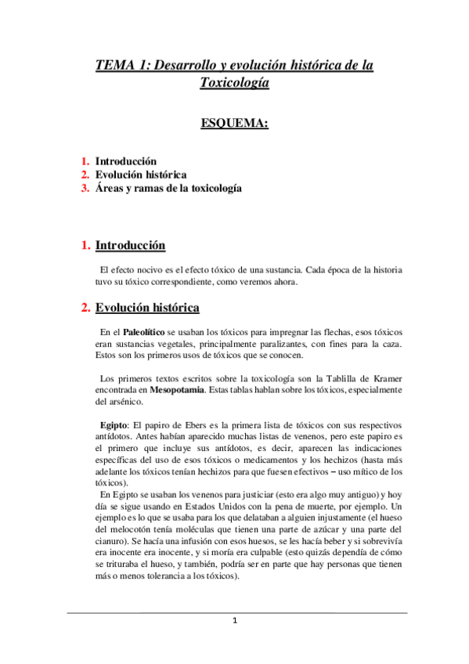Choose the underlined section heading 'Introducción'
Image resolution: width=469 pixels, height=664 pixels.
(130, 246)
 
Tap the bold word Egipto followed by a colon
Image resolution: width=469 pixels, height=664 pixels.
(107, 424)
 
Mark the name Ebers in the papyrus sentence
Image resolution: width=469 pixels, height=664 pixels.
(185, 424)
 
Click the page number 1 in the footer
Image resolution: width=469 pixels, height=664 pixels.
(234, 622)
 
